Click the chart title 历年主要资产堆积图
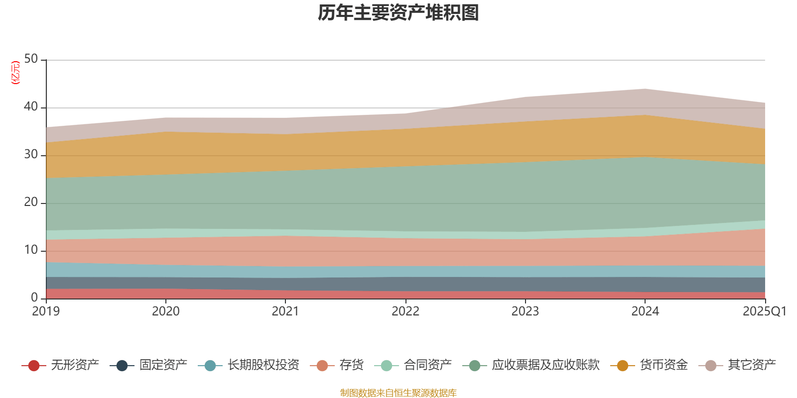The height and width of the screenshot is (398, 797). pyautogui.click(x=398, y=13)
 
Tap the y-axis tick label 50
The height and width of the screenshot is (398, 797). pyautogui.click(x=31, y=59)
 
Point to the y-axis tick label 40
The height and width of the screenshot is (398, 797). pyautogui.click(x=31, y=106)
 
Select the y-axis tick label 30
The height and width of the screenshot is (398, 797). pyautogui.click(x=31, y=154)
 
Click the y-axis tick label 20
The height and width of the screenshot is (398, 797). pyautogui.click(x=31, y=202)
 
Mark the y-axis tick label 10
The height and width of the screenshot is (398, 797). pyautogui.click(x=31, y=250)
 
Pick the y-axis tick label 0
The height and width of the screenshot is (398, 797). pyautogui.click(x=34, y=298)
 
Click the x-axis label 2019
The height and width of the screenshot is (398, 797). pyautogui.click(x=46, y=311)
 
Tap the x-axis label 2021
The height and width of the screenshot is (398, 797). pyautogui.click(x=285, y=311)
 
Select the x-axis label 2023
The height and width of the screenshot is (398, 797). pyautogui.click(x=525, y=311)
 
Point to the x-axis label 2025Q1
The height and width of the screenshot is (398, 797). pyautogui.click(x=764, y=311)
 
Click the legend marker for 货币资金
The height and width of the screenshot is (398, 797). pyautogui.click(x=623, y=366)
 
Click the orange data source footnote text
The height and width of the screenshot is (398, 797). pyautogui.click(x=398, y=393)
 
